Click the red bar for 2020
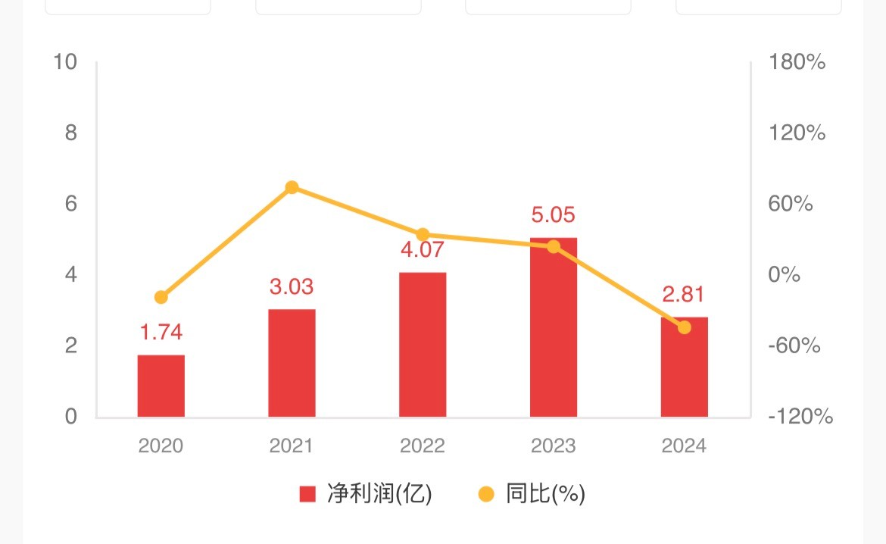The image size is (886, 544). tap(161, 386)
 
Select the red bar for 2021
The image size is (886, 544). tap(292, 363)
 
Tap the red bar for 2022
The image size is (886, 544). tap(423, 345)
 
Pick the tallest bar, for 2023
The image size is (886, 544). tap(554, 327)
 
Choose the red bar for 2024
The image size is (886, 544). tap(684, 367)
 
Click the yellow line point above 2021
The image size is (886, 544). tap(292, 188)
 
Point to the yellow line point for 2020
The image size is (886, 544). tap(161, 297)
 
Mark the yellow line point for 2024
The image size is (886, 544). tap(684, 327)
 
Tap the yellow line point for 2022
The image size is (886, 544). tap(423, 235)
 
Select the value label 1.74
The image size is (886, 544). tap(161, 332)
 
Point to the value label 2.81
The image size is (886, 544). tap(684, 294)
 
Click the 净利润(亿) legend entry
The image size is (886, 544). tap(366, 495)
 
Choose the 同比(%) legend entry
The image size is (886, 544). tap(532, 495)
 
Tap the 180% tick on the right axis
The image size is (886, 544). tap(797, 62)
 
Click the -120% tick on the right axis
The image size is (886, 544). tap(800, 417)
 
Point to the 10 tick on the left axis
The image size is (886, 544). tap(66, 62)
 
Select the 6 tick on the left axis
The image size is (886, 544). tap(71, 204)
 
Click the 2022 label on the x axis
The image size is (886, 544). tap(423, 446)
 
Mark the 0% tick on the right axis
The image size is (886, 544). tap(785, 274)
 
